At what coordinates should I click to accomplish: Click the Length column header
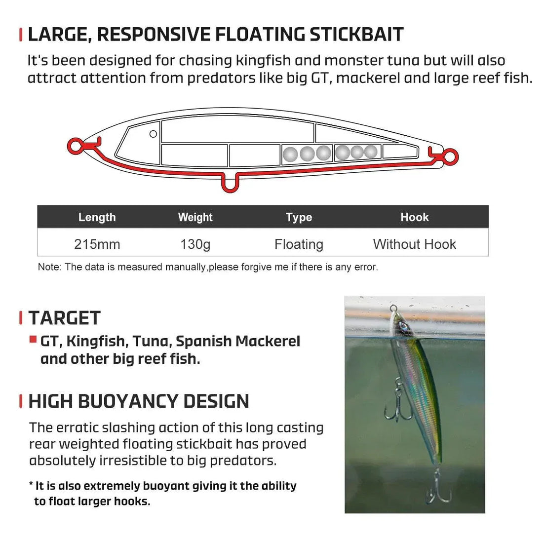(x=97, y=217)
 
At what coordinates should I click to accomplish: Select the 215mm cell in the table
(x=97, y=244)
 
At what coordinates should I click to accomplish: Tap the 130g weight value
(x=195, y=244)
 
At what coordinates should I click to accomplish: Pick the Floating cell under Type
(x=299, y=244)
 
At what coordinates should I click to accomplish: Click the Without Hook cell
(x=414, y=244)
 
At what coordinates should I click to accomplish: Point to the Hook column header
(x=414, y=217)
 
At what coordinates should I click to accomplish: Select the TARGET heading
(x=65, y=318)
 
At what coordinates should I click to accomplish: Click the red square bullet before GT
(x=33, y=339)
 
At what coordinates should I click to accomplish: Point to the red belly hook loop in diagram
(x=230, y=184)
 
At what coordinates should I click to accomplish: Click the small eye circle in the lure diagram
(x=153, y=134)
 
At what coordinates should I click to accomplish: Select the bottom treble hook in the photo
(x=437, y=489)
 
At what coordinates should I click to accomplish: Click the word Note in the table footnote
(x=48, y=267)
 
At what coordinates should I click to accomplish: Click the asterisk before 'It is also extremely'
(x=31, y=485)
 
